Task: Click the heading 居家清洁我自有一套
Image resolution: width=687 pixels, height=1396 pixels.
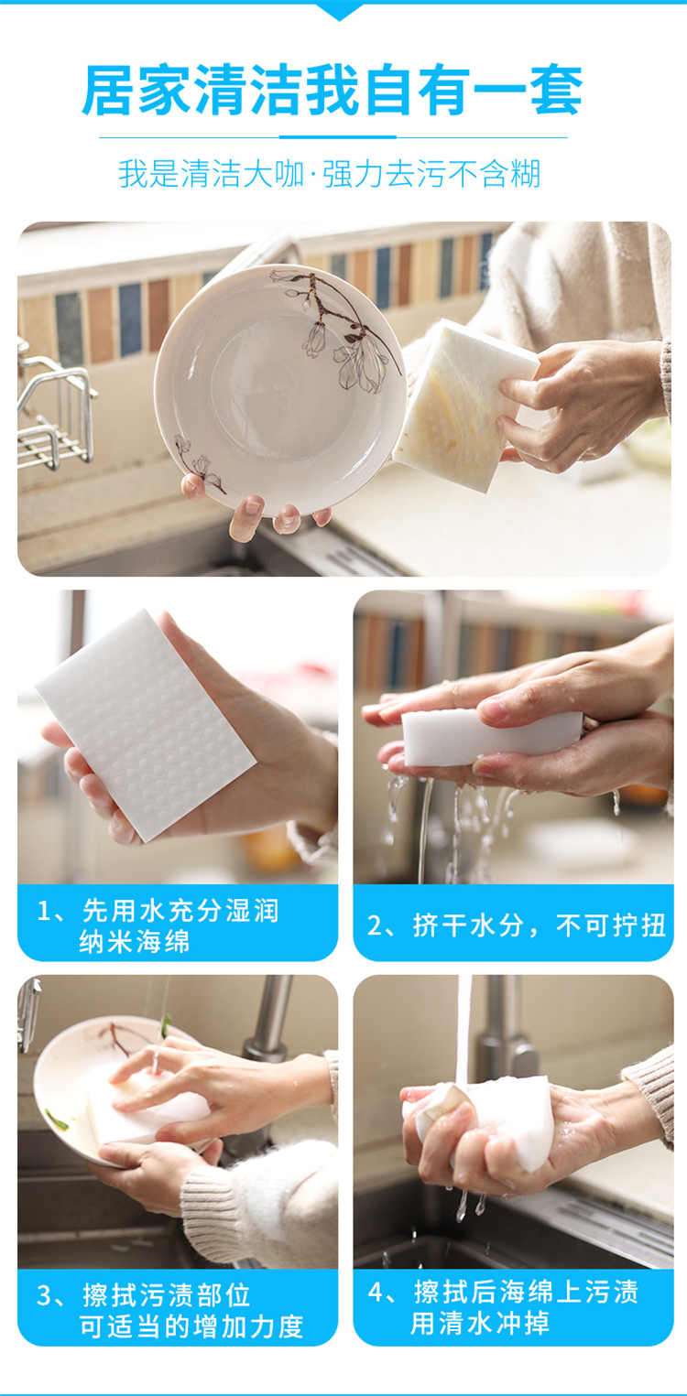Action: (333, 91)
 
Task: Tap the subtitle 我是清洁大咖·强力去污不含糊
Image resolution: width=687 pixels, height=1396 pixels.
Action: (329, 174)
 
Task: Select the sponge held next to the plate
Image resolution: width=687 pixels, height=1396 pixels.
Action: (464, 405)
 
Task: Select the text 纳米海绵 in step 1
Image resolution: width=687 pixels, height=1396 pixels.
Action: (134, 942)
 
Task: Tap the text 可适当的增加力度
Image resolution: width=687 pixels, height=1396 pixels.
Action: (191, 1326)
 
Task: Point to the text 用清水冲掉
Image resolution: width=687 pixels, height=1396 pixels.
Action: (479, 1323)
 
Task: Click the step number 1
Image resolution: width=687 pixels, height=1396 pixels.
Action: (43, 912)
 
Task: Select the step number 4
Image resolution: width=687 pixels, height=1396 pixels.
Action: (375, 1293)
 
